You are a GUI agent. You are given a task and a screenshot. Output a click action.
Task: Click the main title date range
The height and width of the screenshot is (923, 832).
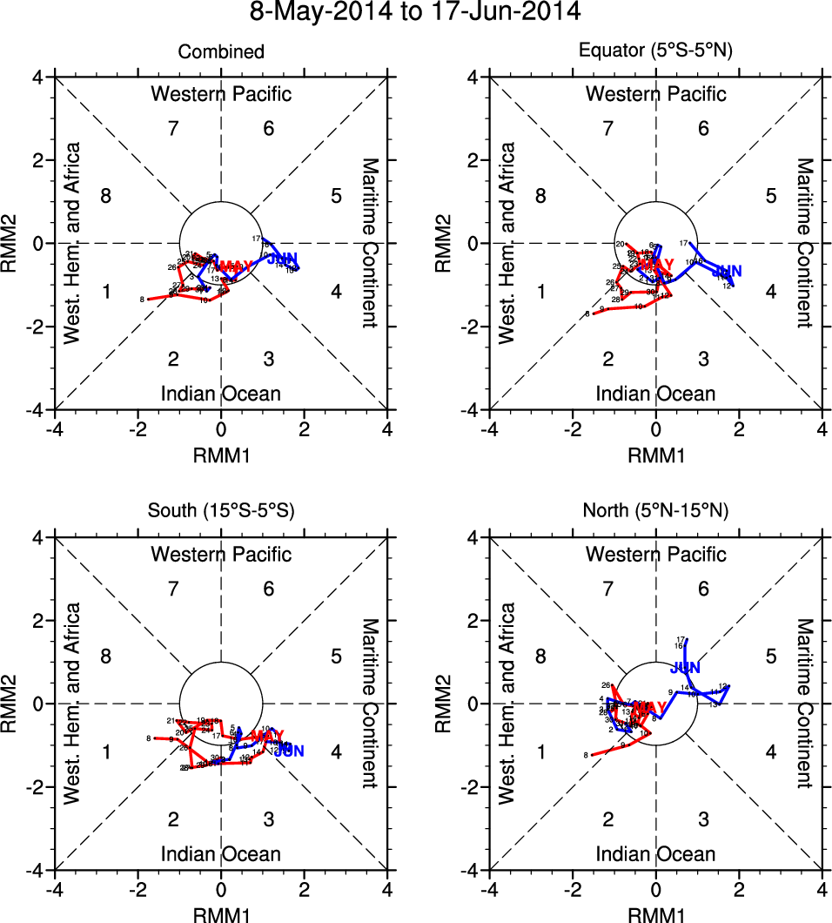(x=415, y=13)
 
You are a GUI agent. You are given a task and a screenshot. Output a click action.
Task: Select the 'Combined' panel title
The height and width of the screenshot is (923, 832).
(x=221, y=52)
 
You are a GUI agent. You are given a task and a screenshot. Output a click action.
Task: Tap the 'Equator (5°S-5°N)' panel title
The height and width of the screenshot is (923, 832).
(x=656, y=52)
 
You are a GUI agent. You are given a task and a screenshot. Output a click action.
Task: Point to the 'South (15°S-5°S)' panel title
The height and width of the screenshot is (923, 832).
(x=221, y=512)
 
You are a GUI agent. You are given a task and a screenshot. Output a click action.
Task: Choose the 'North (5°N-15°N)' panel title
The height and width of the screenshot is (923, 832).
(x=656, y=512)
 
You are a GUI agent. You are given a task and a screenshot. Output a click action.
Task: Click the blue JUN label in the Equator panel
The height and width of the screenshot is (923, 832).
(x=726, y=272)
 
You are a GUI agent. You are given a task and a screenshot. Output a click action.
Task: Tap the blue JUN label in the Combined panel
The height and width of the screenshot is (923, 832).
(x=282, y=259)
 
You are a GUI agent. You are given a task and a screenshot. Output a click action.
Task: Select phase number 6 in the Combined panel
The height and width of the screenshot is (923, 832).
(x=269, y=129)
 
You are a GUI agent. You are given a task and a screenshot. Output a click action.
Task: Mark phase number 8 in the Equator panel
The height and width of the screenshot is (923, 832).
(x=540, y=196)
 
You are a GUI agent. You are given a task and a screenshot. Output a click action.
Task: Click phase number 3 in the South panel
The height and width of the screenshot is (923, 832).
(x=269, y=819)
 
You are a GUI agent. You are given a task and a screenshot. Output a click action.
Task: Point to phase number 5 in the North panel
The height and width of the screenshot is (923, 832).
(x=771, y=656)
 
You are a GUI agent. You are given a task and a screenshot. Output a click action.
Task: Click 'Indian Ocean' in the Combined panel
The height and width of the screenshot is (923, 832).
(x=221, y=394)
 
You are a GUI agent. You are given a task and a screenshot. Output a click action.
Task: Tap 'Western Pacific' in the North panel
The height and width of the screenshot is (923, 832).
(x=656, y=554)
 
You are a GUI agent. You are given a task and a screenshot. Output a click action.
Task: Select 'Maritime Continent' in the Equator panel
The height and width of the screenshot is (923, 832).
(x=805, y=243)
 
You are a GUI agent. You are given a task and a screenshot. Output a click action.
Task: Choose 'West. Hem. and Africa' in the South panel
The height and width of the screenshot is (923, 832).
(x=73, y=703)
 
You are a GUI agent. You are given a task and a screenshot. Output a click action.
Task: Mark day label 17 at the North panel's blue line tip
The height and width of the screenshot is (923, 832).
(x=681, y=639)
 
